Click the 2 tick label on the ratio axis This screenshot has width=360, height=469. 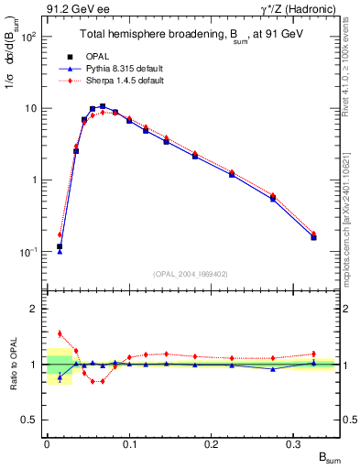click(x=34, y=309)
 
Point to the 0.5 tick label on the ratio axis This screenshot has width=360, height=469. click(x=29, y=420)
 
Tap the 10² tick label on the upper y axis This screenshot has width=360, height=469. click(x=28, y=37)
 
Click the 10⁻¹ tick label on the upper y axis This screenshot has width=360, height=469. click(x=28, y=251)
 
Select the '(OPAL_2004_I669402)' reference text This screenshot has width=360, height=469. click(x=190, y=274)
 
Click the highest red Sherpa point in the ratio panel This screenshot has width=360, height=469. click(x=60, y=333)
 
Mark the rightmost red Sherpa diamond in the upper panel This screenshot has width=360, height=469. click(x=313, y=234)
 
